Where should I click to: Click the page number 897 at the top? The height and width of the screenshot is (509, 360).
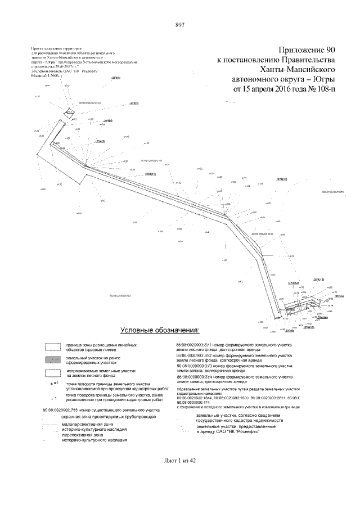click(x=180, y=25)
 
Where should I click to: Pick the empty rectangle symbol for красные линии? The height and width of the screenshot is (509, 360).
click(x=53, y=346)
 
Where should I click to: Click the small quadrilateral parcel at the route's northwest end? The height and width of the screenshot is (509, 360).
click(x=70, y=112)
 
